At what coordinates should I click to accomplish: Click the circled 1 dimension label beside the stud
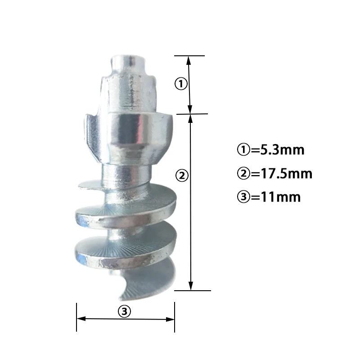(x=180, y=84)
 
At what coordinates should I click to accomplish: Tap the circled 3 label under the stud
(x=124, y=310)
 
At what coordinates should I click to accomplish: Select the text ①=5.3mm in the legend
(x=270, y=150)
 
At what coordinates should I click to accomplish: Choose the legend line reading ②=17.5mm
(x=274, y=173)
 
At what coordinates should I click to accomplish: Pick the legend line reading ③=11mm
(x=268, y=197)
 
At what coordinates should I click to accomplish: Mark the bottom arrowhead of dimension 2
(x=191, y=286)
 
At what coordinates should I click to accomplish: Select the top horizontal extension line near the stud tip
(x=189, y=56)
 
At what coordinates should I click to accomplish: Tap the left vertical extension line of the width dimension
(x=76, y=317)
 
